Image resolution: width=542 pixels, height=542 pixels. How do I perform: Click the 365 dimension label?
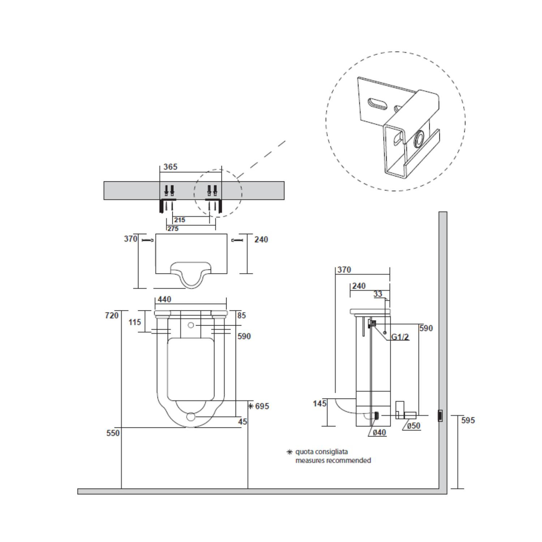(x=171, y=167)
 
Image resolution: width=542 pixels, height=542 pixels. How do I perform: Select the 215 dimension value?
(x=179, y=220)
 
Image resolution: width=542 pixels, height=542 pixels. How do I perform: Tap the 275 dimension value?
(x=173, y=229)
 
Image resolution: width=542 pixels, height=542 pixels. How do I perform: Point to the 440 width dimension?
(x=164, y=300)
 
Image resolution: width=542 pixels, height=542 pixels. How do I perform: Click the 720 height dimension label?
(x=112, y=315)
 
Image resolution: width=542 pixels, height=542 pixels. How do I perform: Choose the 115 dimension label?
(x=135, y=322)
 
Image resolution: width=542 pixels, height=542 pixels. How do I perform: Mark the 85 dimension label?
(x=242, y=315)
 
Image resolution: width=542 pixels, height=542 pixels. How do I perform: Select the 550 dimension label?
(x=113, y=433)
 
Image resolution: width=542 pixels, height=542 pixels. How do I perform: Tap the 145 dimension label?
(x=320, y=403)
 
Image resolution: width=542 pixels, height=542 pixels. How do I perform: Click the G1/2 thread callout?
(x=400, y=337)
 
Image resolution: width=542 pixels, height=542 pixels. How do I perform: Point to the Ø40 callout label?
(x=379, y=433)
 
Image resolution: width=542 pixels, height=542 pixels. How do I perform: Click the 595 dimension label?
(x=468, y=420)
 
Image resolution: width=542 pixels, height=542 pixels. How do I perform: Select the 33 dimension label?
(x=378, y=294)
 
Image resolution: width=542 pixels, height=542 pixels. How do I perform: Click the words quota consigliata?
(x=322, y=452)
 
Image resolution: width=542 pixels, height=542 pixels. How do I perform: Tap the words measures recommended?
(x=333, y=461)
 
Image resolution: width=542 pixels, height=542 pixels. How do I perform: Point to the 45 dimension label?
(x=243, y=421)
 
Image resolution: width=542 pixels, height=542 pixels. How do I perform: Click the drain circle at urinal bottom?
(x=191, y=417)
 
